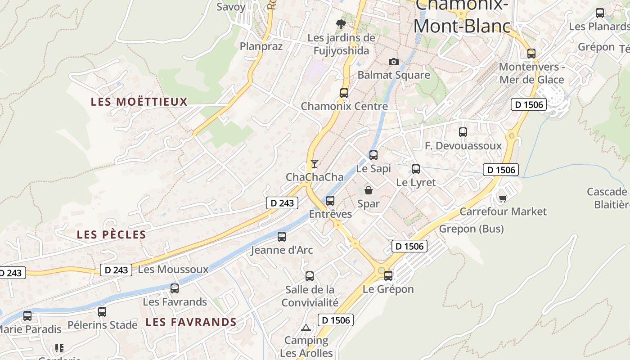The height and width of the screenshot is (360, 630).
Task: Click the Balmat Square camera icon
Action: click(x=394, y=62)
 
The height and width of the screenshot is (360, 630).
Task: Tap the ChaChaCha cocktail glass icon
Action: click(x=315, y=163)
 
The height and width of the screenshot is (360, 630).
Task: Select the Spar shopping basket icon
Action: click(x=369, y=190)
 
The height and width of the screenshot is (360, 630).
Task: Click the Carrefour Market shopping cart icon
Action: click(x=503, y=198)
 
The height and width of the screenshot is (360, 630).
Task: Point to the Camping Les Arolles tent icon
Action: click(x=306, y=328)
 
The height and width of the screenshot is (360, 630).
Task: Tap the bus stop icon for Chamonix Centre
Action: click(x=344, y=93)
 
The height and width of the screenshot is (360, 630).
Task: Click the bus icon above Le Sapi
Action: click(x=373, y=155)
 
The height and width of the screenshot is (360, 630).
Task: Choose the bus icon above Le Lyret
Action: click(x=416, y=169)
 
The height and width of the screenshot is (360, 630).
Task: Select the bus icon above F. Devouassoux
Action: click(x=463, y=132)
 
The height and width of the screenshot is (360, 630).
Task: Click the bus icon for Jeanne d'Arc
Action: click(x=282, y=237)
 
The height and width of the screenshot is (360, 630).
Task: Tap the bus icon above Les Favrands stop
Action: click(x=175, y=288)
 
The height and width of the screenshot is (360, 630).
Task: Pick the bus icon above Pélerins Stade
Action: click(x=102, y=311)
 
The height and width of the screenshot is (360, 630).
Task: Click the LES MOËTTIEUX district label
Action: click(x=139, y=102)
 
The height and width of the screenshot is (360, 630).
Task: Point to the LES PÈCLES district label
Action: click(x=112, y=234)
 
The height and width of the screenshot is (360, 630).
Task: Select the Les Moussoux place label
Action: click(x=173, y=270)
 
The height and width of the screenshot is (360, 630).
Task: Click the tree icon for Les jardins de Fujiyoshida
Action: click(x=341, y=24)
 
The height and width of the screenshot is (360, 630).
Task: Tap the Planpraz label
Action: click(x=261, y=46)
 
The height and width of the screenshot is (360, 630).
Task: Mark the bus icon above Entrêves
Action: click(x=331, y=201)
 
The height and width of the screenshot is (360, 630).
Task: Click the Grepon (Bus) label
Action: click(x=472, y=229)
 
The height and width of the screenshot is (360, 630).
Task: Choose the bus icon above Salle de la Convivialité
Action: click(x=310, y=276)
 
